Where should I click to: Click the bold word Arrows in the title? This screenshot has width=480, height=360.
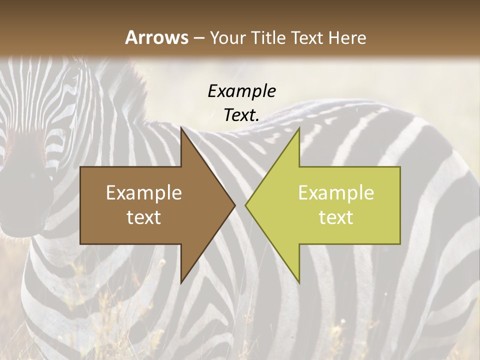(156, 37)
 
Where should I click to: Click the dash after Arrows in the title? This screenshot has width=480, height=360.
(198, 38)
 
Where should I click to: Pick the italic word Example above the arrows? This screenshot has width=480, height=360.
(241, 91)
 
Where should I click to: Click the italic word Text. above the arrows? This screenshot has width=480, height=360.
(241, 115)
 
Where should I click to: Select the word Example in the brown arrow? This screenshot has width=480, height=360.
(144, 192)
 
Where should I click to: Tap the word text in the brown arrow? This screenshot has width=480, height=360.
(144, 217)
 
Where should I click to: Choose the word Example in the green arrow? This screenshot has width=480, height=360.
(336, 192)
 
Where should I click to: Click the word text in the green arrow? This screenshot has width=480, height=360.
(336, 217)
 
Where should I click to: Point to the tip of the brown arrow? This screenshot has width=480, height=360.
(234, 205)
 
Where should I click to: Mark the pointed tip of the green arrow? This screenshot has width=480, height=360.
(246, 205)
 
